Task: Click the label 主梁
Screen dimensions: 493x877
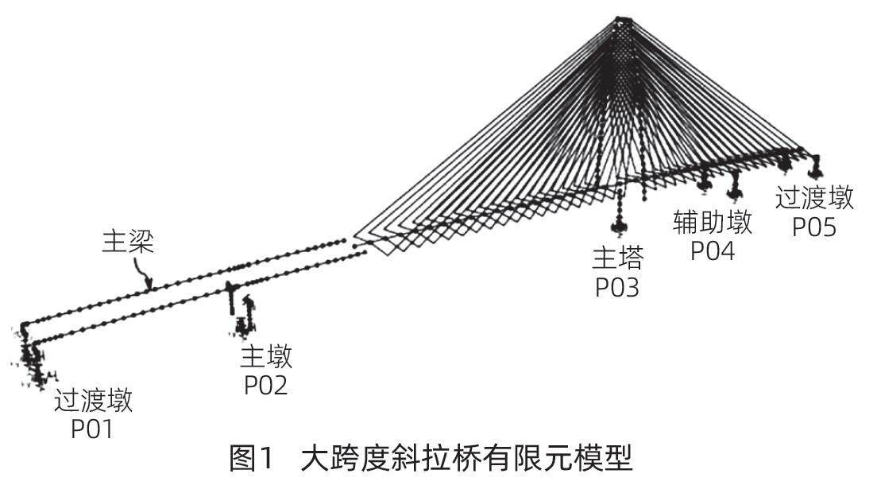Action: (127, 242)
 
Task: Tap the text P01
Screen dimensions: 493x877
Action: (93, 429)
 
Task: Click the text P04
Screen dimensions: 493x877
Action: (712, 250)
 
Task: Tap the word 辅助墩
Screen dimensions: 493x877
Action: (713, 223)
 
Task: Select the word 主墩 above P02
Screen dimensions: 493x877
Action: (266, 357)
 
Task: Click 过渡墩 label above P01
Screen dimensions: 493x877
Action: (93, 401)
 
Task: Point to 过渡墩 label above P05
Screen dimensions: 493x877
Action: (815, 197)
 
